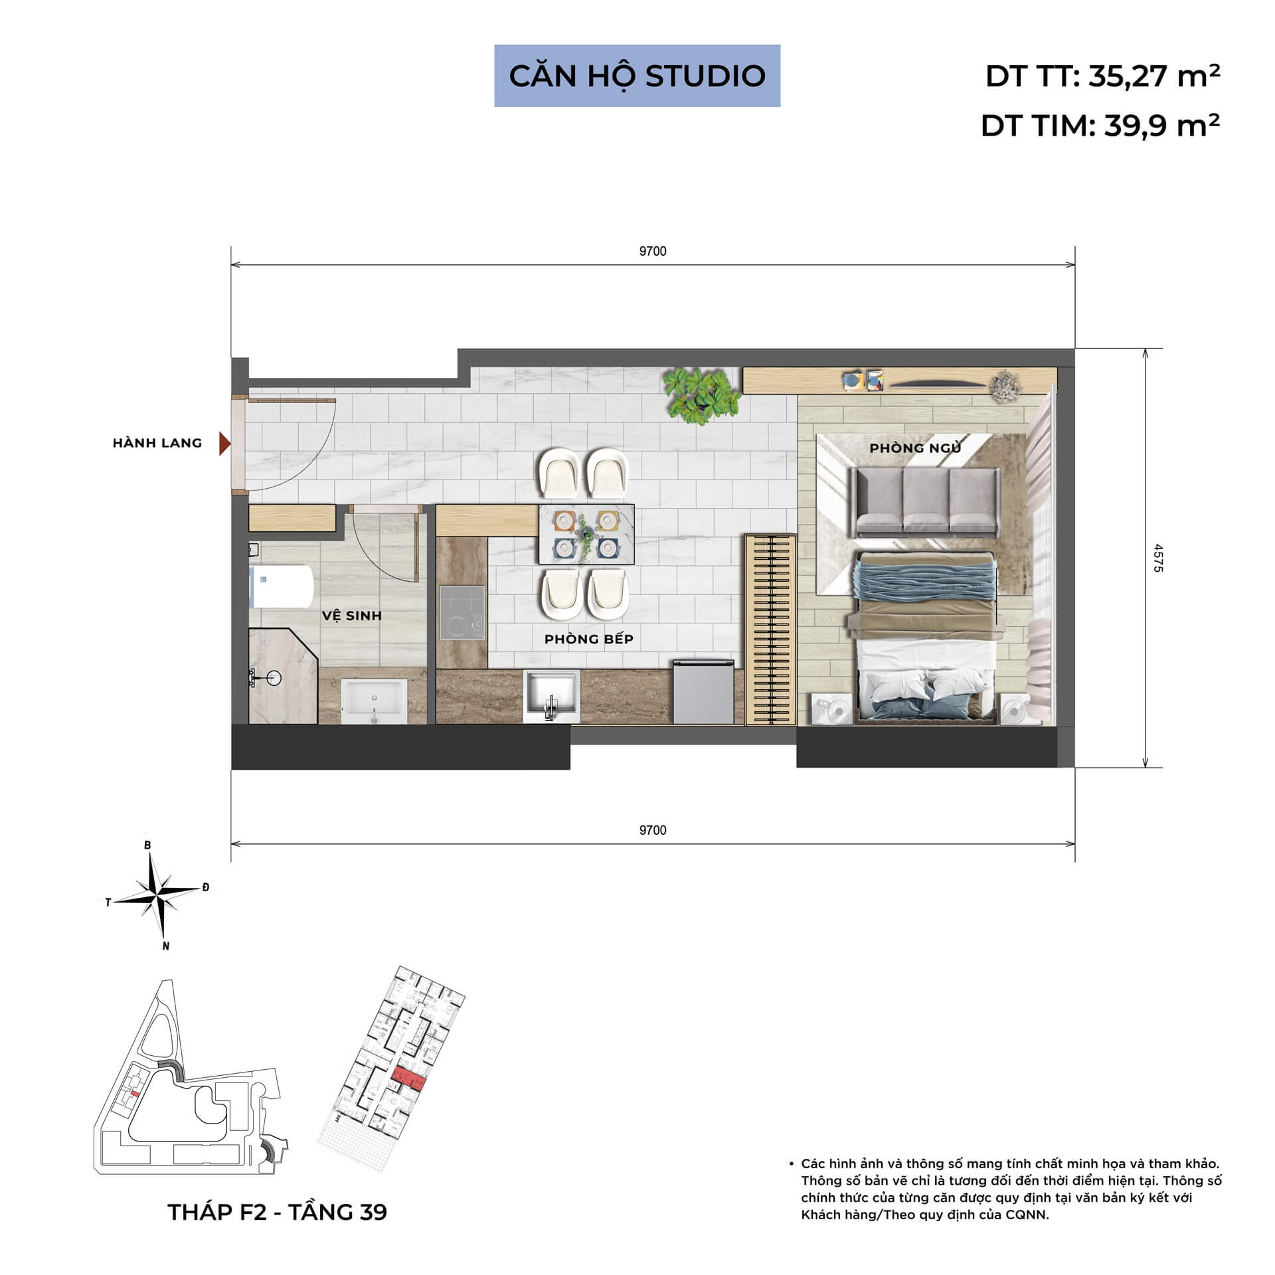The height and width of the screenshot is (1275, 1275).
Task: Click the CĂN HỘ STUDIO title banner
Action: [637, 76]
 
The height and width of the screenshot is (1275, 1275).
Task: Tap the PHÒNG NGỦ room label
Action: [915, 448]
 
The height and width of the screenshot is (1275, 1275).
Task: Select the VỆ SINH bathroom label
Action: [352, 616]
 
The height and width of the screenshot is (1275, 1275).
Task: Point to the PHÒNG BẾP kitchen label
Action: [588, 639]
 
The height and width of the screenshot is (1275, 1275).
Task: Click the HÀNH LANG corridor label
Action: [157, 443]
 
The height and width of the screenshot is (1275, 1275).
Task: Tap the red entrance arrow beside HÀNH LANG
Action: [224, 444]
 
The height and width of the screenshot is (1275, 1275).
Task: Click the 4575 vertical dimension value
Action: [1158, 558]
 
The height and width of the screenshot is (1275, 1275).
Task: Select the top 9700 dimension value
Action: [652, 251]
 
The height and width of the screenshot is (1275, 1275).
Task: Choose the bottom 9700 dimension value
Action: [652, 830]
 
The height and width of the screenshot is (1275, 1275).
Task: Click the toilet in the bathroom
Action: [282, 586]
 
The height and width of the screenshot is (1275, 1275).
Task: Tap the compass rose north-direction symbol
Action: [159, 896]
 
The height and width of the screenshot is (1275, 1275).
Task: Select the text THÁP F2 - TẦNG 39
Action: [277, 1212]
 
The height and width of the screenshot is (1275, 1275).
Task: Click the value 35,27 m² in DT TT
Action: [1154, 76]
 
